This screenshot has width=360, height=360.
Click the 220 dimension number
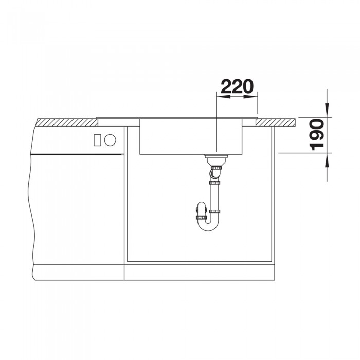pyautogui.click(x=237, y=86)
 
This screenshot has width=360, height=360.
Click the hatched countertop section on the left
pyautogui.click(x=67, y=122)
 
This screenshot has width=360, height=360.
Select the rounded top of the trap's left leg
pyautogui.click(x=200, y=207)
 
